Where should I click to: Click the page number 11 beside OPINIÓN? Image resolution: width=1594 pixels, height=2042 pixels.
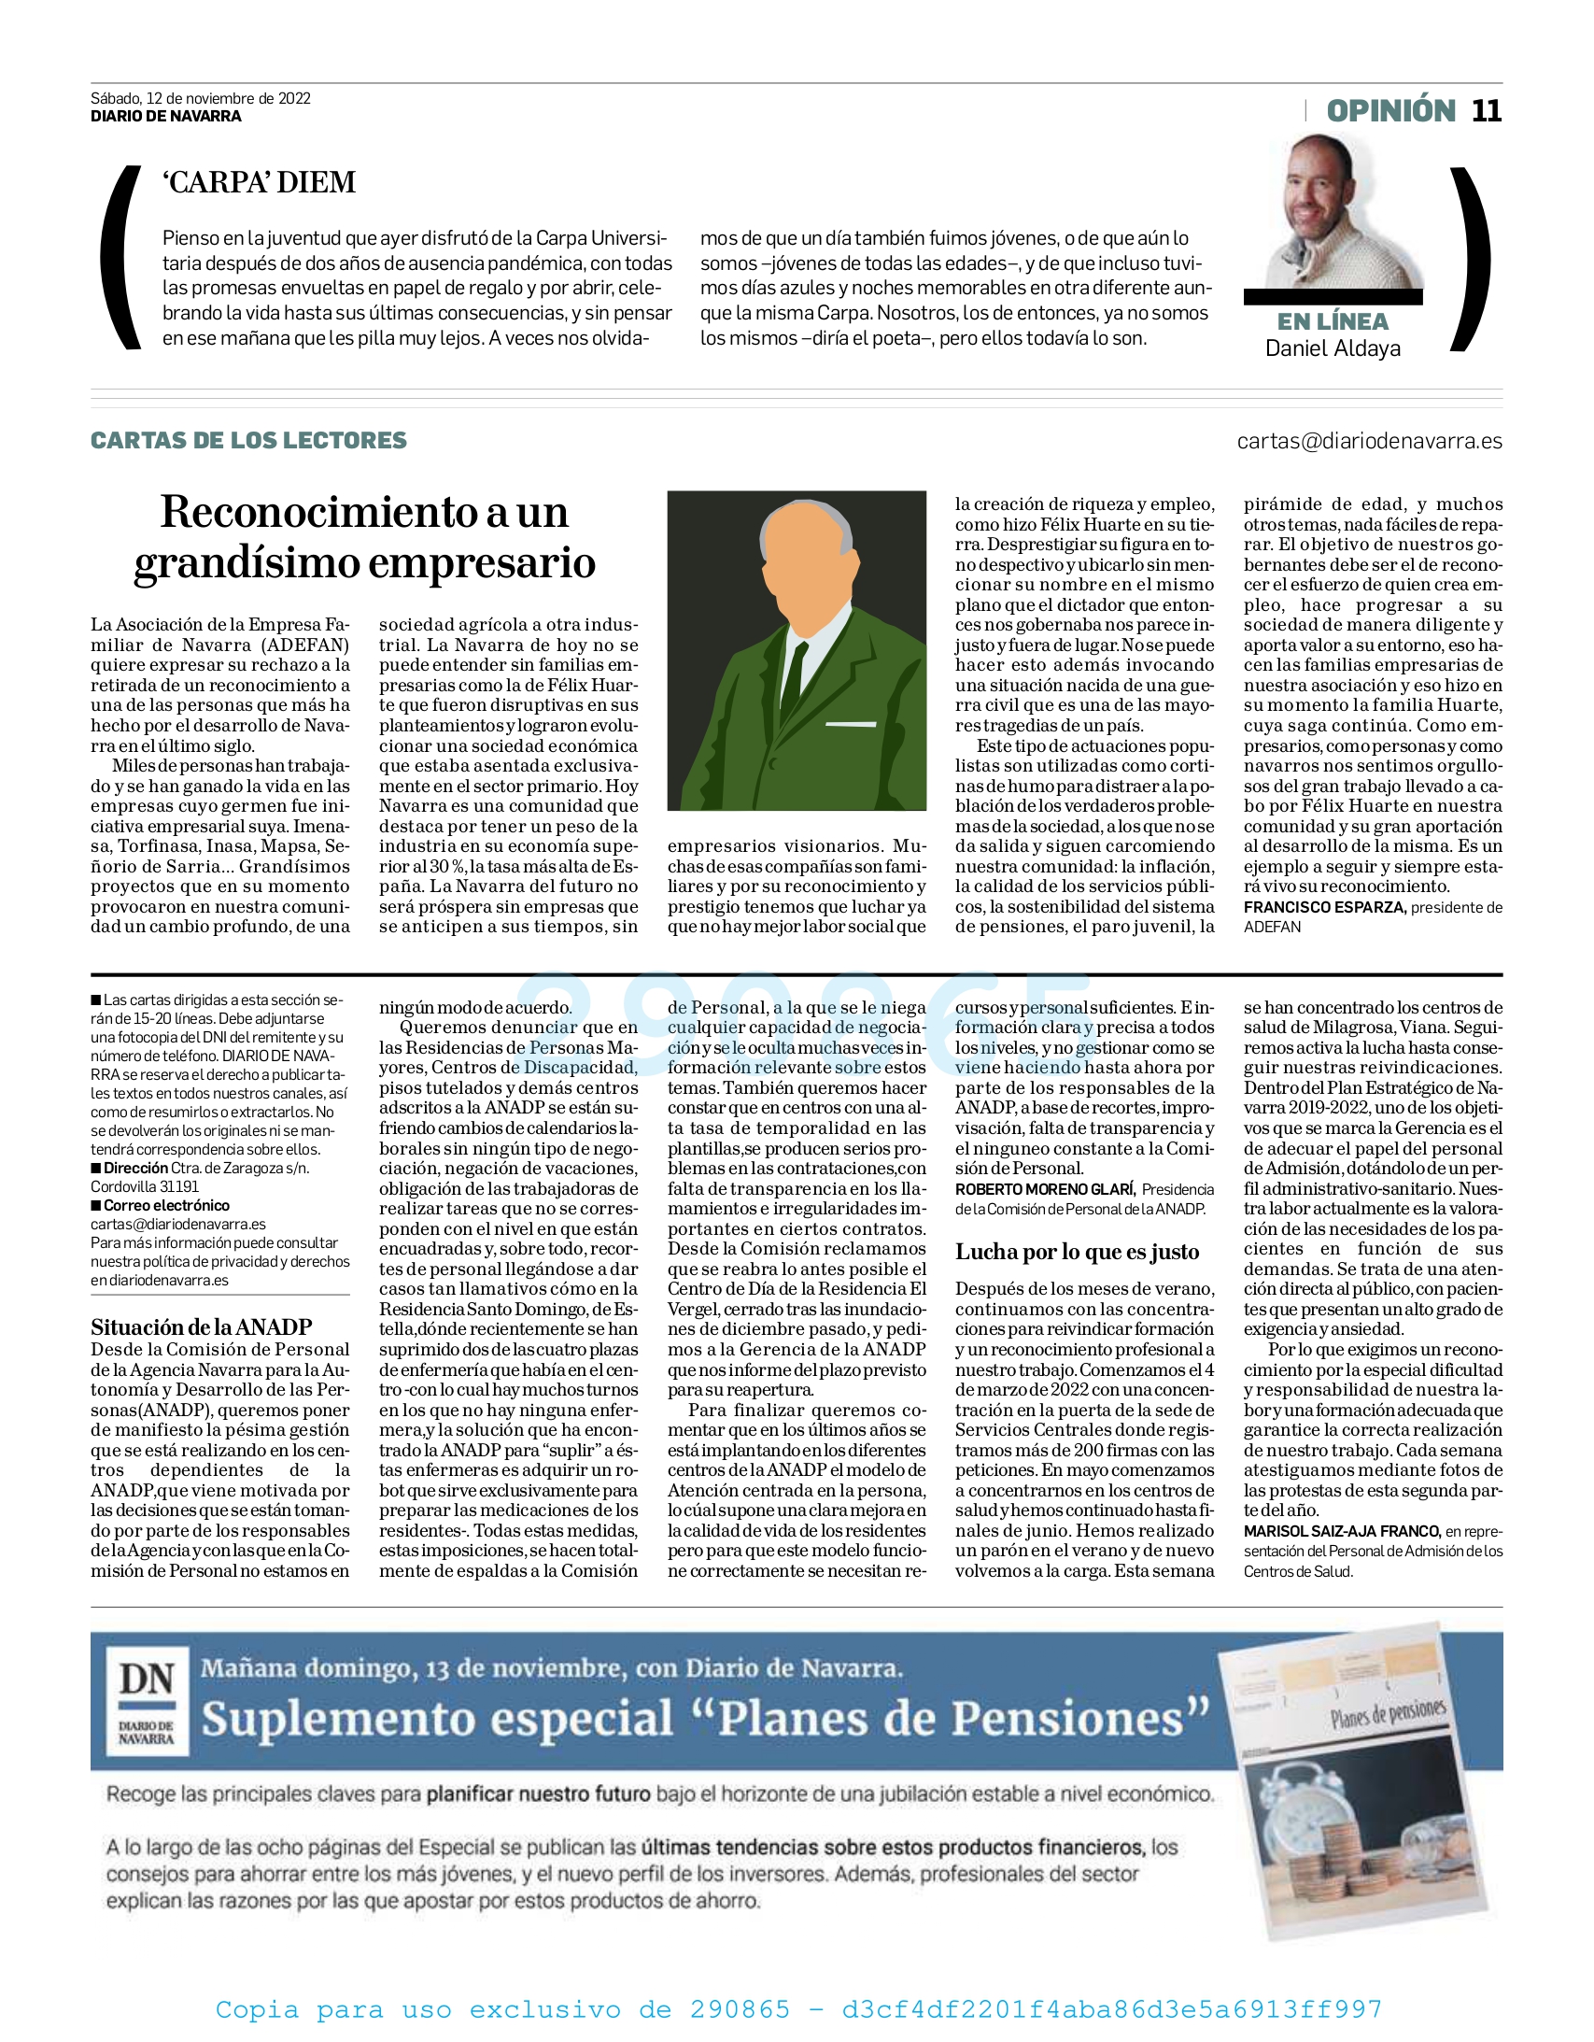click(1487, 110)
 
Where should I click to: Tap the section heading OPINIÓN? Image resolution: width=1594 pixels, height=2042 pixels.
click(1391, 110)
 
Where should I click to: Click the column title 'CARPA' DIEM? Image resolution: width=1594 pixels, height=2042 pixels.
click(259, 181)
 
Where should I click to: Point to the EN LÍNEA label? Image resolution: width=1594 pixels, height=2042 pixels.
click(1333, 321)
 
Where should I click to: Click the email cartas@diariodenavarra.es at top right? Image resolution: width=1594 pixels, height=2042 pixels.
click(1369, 440)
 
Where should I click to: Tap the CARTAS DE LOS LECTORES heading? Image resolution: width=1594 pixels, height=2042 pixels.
click(248, 440)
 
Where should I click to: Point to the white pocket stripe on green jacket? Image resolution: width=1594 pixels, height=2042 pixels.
click(851, 724)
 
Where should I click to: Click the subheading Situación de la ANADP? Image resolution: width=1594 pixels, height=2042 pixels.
click(201, 1326)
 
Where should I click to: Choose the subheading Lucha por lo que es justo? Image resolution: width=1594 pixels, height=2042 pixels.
click(1077, 1252)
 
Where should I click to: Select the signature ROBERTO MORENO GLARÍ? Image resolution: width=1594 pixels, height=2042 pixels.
click(1044, 1189)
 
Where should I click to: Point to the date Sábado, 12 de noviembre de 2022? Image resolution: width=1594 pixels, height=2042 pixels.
click(200, 98)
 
